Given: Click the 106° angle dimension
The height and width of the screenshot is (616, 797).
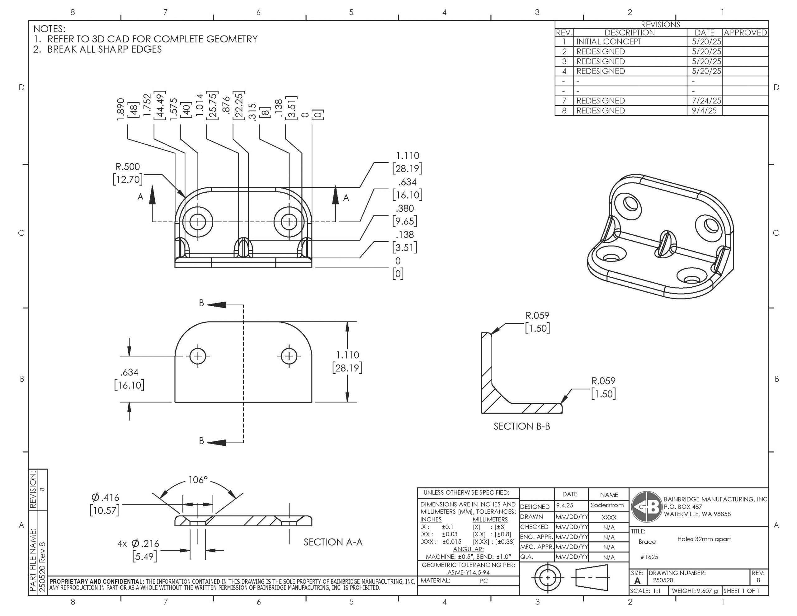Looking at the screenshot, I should pos(197,480).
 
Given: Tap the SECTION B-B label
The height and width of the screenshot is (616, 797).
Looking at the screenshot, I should pos(521,426).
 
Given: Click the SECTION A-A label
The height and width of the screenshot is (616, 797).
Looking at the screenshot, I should pos(333,542).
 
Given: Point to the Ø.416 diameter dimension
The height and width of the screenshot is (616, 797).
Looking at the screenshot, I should pos(105,497).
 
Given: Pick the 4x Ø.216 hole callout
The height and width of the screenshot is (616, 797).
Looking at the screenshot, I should pos(138,544).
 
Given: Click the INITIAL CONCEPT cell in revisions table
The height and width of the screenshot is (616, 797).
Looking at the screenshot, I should pos(608,42).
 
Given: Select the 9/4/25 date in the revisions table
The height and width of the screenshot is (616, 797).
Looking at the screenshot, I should pos(704,111).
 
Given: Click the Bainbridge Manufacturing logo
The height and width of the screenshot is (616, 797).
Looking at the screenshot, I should pos(647,507).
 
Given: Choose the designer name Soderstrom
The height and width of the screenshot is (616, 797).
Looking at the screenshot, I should pos(607,505).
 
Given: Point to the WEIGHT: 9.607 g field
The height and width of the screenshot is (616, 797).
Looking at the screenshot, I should pos(695,591).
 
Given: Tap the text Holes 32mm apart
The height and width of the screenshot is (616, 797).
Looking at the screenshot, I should pos(704,539).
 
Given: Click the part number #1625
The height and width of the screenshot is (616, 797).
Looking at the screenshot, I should pos(649,557).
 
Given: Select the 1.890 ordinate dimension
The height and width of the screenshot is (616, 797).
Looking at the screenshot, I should pos(121,108).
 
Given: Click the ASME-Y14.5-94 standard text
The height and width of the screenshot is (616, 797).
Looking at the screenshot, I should pos(469,572).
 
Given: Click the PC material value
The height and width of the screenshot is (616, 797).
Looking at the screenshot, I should pos(483,581).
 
